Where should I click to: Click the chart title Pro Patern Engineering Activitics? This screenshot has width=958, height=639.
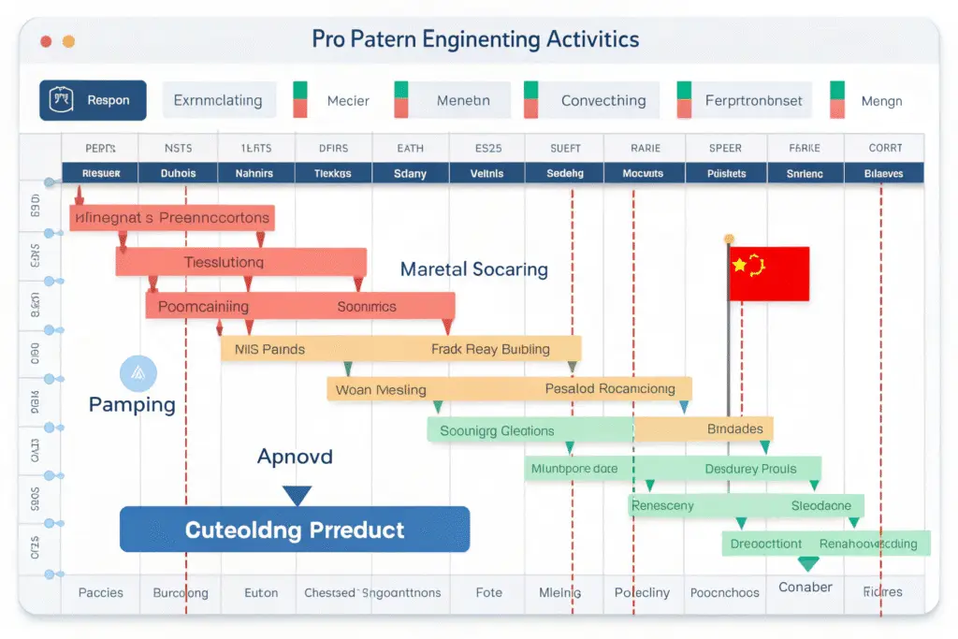(475, 39)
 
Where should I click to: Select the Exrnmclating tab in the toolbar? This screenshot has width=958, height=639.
(218, 100)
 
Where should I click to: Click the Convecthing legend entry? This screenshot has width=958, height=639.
(602, 100)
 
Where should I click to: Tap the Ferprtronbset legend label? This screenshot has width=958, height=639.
(753, 100)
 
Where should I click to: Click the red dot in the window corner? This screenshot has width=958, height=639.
(46, 41)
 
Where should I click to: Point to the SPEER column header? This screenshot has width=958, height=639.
(725, 148)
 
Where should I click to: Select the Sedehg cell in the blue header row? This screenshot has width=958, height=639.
(564, 173)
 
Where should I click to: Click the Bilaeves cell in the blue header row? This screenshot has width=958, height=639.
(884, 173)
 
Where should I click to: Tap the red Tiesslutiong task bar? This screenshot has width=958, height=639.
(240, 262)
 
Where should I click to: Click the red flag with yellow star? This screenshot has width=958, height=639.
(768, 273)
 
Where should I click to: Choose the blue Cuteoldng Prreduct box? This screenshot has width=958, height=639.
(295, 530)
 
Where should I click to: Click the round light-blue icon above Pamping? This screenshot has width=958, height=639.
(138, 373)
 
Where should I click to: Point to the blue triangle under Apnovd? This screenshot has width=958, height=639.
(297, 495)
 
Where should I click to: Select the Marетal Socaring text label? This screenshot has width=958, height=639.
(473, 269)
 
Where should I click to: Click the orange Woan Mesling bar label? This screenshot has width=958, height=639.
(381, 389)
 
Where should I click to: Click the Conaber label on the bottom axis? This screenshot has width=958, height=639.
(805, 588)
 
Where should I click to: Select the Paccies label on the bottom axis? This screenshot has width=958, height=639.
(100, 592)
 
